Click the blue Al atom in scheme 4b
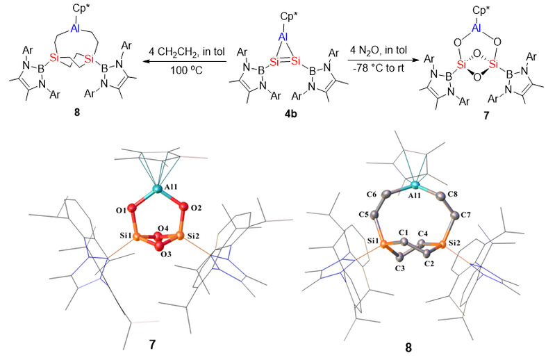(x=283, y=38)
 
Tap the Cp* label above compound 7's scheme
(x=479, y=10)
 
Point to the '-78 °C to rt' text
(x=378, y=68)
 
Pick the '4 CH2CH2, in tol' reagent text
(x=187, y=51)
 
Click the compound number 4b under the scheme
(x=290, y=115)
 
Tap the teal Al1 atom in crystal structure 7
(x=157, y=189)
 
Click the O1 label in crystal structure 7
(x=119, y=211)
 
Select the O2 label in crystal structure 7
(x=196, y=208)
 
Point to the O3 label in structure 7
(x=165, y=254)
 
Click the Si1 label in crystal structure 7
(x=125, y=234)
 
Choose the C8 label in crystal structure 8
(x=453, y=194)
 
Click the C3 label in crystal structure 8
(x=399, y=268)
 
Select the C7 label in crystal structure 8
(x=467, y=215)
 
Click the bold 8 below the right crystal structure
(x=409, y=347)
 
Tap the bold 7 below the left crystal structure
(x=152, y=345)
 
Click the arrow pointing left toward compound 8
(x=183, y=61)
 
